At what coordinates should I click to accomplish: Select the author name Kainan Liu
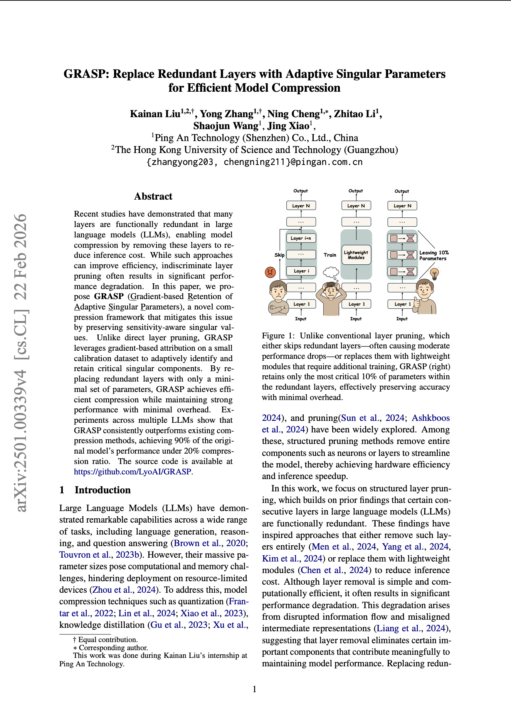[155, 114]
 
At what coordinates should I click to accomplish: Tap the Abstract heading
[153, 197]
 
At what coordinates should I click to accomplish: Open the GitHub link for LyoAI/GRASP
[133, 471]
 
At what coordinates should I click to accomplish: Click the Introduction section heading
[103, 490]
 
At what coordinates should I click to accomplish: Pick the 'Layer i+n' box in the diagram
[301, 238]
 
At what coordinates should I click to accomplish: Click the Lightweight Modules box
[356, 255]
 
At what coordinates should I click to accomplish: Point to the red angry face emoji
[271, 272]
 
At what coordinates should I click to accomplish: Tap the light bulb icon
[435, 274]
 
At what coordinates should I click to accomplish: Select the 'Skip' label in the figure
[279, 255]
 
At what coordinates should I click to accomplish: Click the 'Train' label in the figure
[330, 255]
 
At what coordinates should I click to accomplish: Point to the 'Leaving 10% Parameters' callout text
[434, 256]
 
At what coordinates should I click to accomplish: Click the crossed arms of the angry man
[278, 308]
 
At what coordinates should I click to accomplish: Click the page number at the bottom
[254, 689]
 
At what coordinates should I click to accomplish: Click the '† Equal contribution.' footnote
[105, 639]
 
